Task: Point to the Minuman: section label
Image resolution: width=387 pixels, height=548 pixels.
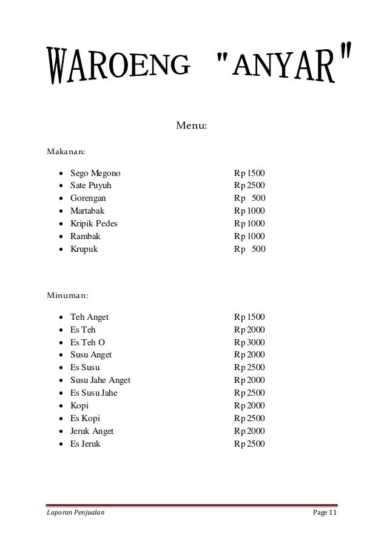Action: pos(67,296)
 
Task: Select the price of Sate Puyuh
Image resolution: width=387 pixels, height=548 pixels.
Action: pos(254,185)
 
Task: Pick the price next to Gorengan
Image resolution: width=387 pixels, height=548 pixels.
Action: pos(254,198)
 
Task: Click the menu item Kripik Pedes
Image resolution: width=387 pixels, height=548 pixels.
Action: pos(94,223)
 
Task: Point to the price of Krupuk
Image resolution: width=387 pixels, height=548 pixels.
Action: pos(254,249)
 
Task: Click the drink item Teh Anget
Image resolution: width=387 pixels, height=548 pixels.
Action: pos(90,317)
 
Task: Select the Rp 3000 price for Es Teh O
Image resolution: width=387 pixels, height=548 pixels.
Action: pos(254,342)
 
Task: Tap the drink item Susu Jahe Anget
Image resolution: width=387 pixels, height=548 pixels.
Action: pos(100,381)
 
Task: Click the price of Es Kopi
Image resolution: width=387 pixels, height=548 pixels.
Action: pos(254,419)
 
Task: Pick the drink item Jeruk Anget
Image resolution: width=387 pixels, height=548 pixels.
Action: pos(92,431)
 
